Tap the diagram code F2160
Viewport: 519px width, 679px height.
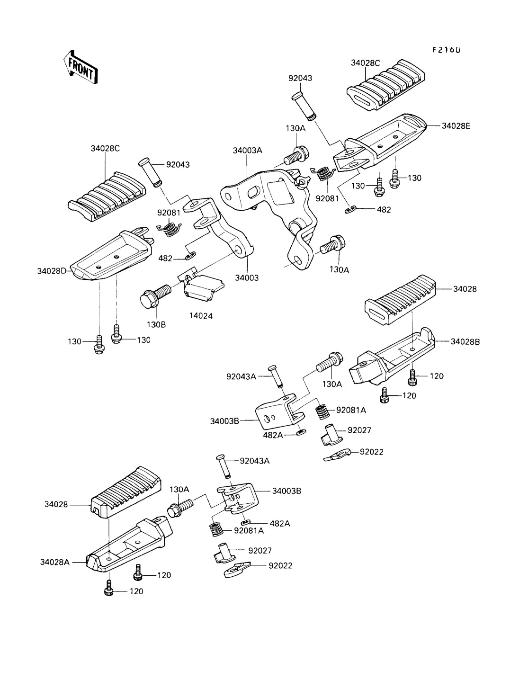click(x=446, y=50)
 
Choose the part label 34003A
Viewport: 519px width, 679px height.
click(x=247, y=151)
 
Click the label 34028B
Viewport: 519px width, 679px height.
click(x=465, y=341)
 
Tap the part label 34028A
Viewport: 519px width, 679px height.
click(x=55, y=562)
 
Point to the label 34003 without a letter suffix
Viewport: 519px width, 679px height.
click(x=247, y=278)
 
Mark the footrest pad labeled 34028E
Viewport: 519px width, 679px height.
click(x=384, y=137)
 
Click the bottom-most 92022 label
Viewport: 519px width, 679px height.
click(x=280, y=565)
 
